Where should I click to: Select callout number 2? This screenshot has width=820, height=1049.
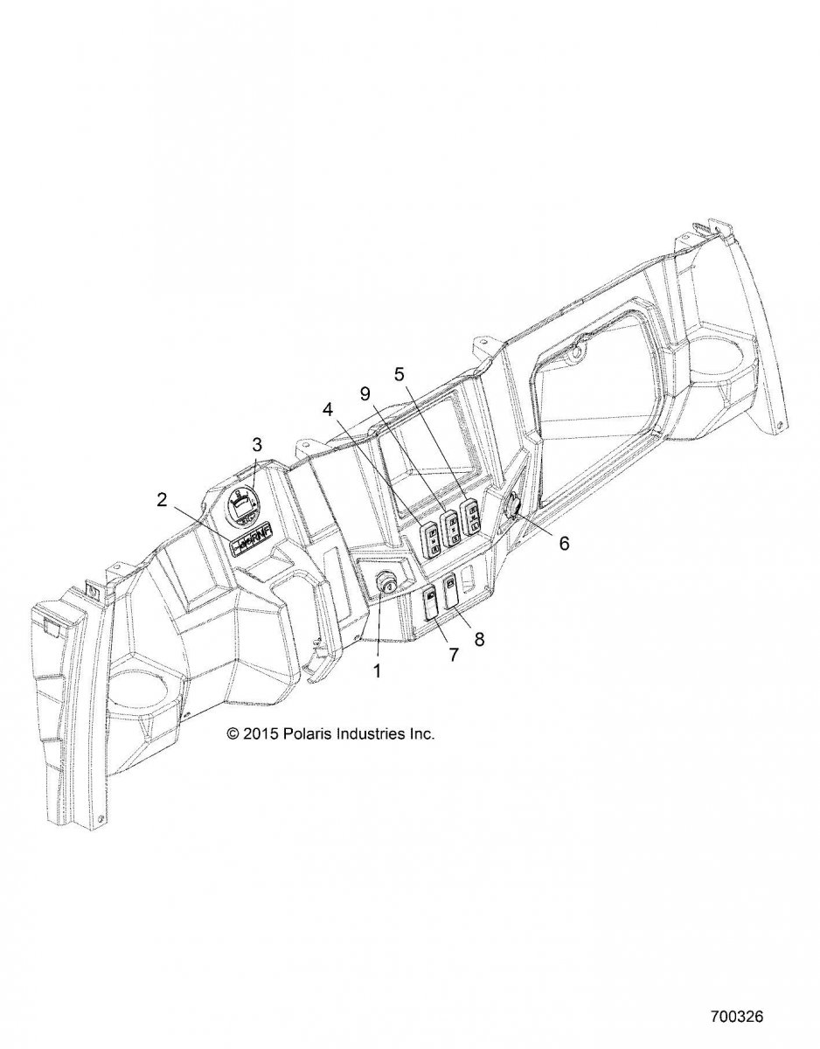[162, 500]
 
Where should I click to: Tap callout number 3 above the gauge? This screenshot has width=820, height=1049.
[257, 444]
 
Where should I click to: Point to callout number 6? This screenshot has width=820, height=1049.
[564, 543]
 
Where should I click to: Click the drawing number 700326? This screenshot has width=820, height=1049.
[739, 1018]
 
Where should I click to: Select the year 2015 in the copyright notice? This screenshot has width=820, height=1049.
[261, 734]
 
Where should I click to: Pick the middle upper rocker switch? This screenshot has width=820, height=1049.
[451, 529]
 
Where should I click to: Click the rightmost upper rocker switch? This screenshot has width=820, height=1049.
[472, 516]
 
